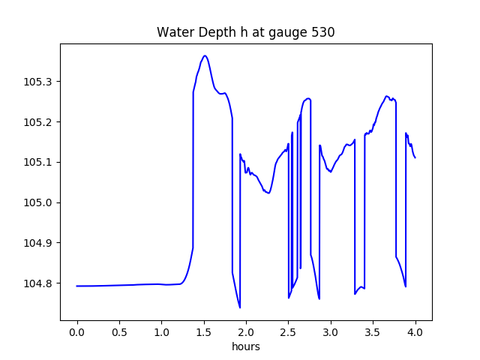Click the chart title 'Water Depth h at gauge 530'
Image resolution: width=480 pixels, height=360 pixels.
click(x=245, y=33)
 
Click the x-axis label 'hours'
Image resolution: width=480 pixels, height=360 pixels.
click(x=246, y=347)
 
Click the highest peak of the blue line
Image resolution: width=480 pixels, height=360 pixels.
click(x=205, y=55)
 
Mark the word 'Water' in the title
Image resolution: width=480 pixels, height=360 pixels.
click(x=173, y=33)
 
